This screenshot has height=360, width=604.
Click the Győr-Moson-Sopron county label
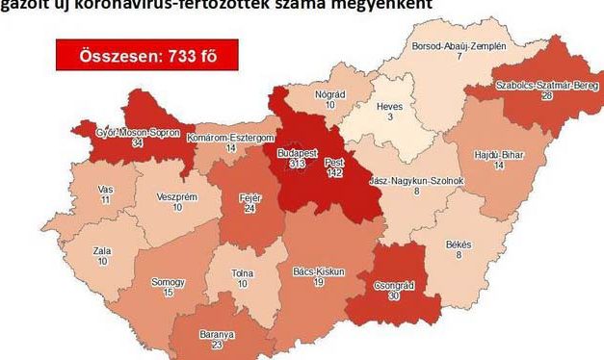[138, 133]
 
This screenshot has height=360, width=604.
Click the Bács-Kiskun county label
[319, 272]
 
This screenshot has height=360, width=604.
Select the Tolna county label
[243, 272]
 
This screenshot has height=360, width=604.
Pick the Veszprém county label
[176, 195]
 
